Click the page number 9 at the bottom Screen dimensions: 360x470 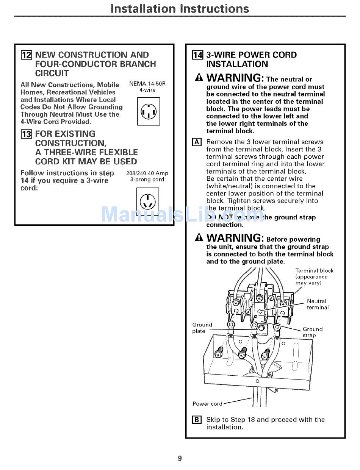(x=180, y=459)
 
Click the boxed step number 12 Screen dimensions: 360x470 (x=26, y=55)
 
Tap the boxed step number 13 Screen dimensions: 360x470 (x=26, y=134)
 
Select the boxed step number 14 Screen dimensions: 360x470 (x=197, y=55)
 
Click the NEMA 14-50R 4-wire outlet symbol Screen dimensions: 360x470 (x=149, y=111)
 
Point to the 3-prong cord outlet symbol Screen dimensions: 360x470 (x=147, y=201)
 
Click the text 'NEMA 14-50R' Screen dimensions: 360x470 (x=147, y=84)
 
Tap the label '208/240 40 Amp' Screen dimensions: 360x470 (x=147, y=173)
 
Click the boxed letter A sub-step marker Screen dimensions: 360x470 (x=197, y=142)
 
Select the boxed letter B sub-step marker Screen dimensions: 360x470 (x=197, y=420)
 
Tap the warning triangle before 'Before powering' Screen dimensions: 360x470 (x=199, y=238)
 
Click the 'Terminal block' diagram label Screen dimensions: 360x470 (x=314, y=271)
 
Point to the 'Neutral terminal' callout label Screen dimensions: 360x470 (x=318, y=304)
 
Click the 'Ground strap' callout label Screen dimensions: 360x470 (x=313, y=332)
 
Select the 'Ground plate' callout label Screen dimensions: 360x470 (x=202, y=328)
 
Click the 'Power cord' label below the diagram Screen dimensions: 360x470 (x=207, y=403)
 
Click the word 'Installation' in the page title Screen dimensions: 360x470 (x=142, y=8)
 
